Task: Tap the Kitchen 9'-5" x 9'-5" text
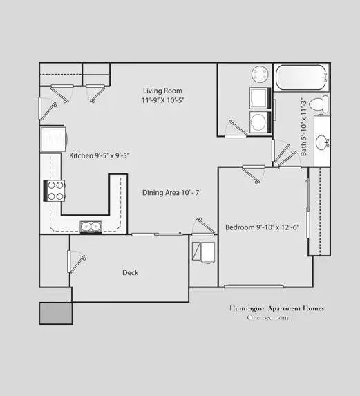pos(100,155)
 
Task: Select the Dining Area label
pos(171,193)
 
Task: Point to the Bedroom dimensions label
pos(262,227)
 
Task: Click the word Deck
pos(131,273)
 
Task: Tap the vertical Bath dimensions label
pos(304,126)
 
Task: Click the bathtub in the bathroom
pos(302,77)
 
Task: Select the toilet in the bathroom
pos(319,104)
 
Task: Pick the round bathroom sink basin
pos(322,142)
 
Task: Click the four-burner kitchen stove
pos(55,191)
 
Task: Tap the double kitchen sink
pos(91,227)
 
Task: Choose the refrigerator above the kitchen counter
pos(53,139)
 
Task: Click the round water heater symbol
pos(260,74)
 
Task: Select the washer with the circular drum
pos(260,122)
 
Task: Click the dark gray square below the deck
pos(56,314)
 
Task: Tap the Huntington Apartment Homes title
pos(276,308)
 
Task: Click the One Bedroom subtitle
pos(267,317)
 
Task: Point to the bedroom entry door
pos(253,174)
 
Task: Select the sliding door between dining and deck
pos(157,234)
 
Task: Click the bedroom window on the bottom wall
pos(254,286)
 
